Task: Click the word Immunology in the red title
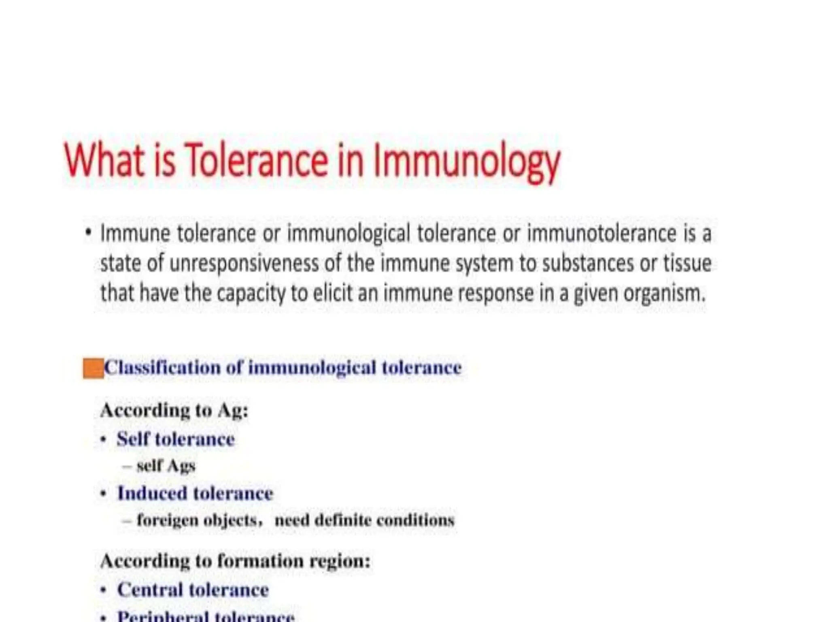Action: [x=466, y=161]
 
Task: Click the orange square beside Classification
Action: [x=93, y=369]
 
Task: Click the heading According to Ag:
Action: [x=174, y=410]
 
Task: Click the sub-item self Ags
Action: [x=166, y=466]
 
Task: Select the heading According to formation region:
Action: [x=235, y=561]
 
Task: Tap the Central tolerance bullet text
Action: [x=193, y=590]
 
